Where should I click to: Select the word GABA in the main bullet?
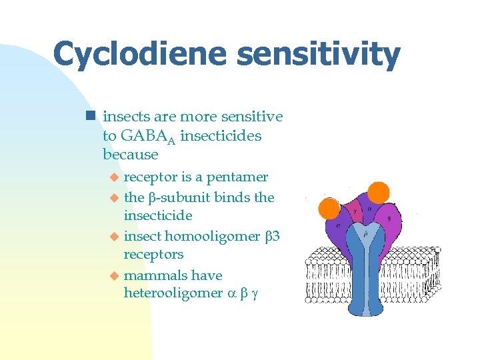pos(137,136)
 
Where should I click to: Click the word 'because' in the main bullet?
pos(131,155)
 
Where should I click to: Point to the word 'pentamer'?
pos(237,177)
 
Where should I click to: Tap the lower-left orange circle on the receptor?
pos(329,209)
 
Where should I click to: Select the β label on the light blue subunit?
pos(364,234)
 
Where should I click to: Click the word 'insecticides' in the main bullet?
pos(221,136)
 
